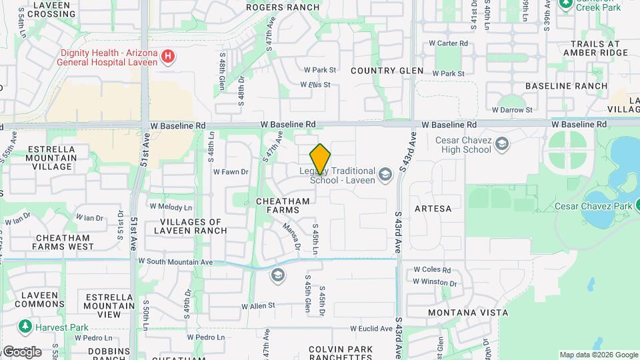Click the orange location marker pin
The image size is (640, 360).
(x=320, y=159)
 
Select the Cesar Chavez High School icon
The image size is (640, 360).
(x=502, y=144)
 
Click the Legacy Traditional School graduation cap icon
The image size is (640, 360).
(x=385, y=175)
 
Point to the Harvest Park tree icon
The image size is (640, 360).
(x=25, y=327)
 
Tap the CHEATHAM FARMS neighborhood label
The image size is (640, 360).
(x=283, y=205)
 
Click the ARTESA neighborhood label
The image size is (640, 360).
(x=433, y=209)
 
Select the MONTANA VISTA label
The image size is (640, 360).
(x=468, y=312)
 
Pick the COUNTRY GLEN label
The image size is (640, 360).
(x=387, y=71)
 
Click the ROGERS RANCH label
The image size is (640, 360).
(x=283, y=7)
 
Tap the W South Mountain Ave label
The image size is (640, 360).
(x=175, y=262)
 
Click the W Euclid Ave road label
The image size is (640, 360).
(x=373, y=328)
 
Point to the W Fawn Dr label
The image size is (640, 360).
(x=231, y=171)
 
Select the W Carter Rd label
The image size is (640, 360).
(x=449, y=43)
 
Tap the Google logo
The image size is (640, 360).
(x=21, y=351)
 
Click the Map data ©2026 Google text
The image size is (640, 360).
(x=598, y=355)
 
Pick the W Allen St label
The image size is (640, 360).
(x=258, y=306)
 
